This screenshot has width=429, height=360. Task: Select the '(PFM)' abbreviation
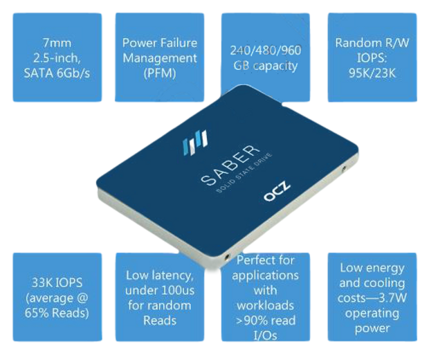coord(160,72)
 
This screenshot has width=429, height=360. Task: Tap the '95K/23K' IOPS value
coord(372,72)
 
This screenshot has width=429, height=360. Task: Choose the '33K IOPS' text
coord(57,282)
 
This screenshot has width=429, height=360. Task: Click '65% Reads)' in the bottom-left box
coord(57,313)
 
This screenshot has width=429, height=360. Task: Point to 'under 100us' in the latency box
coord(160,290)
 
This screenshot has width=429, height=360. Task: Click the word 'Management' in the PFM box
coord(160,57)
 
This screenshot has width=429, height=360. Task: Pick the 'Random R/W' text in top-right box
coord(372,43)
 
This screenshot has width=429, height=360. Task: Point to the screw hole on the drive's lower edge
coord(227,257)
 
